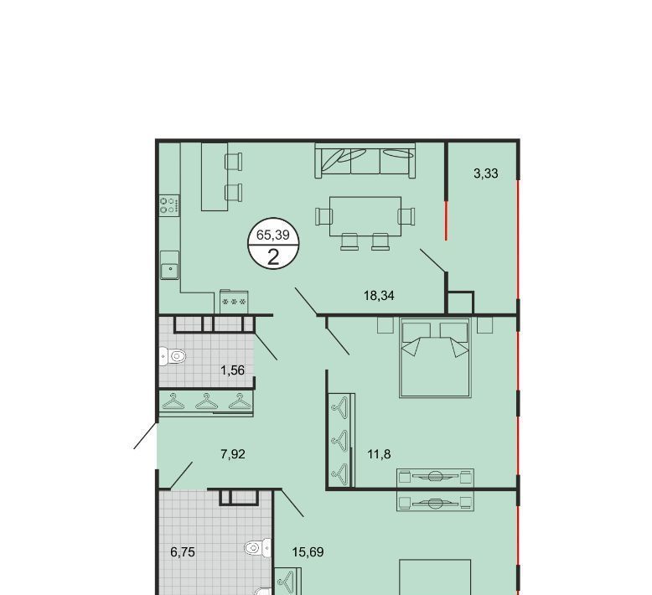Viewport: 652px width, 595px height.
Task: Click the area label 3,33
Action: [486, 173]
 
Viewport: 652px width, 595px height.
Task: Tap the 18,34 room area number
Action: [379, 296]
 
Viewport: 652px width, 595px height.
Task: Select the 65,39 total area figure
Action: [272, 235]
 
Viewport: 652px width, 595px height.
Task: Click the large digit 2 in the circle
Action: [273, 257]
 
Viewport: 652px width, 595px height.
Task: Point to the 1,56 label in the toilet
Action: [232, 370]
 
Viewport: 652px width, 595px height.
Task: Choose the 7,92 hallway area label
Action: [233, 454]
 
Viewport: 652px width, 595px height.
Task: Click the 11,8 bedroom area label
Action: [380, 454]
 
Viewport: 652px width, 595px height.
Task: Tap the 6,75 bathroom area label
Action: [183, 552]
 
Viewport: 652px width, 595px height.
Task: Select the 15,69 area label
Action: [308, 552]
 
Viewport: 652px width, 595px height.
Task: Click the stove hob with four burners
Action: [169, 205]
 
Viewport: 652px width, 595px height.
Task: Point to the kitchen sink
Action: [169, 265]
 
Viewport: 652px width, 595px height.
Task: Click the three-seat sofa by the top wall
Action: [365, 161]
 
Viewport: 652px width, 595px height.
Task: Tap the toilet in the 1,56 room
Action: [173, 356]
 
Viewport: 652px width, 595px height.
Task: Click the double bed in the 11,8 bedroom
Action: [435, 358]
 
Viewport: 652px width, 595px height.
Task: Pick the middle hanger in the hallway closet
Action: [207, 402]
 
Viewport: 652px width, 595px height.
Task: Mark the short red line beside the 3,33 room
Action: [446, 220]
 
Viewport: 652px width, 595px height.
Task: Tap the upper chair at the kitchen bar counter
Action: [234, 162]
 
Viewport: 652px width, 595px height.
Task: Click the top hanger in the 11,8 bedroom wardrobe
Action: [340, 407]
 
